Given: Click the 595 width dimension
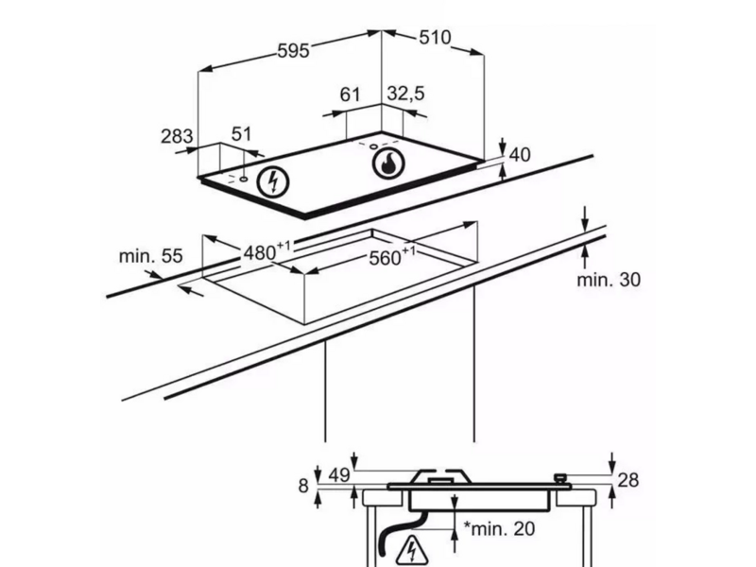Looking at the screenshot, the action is coord(293,51).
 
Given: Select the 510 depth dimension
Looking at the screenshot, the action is coord(435,38).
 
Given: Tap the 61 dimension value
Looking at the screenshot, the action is coord(350,94).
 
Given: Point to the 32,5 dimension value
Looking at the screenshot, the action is coord(405,94).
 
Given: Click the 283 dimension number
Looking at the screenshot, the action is coord(177,136).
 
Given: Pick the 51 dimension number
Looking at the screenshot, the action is coord(241,134).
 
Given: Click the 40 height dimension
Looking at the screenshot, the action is coord(520,155).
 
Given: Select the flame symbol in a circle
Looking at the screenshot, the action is coord(388,163).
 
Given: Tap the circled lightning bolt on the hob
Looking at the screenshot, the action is coord(273,182).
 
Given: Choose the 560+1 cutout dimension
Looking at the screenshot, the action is coord(392,256).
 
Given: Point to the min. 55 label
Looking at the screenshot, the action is coord(151,256).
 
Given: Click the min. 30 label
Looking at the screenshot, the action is coord(609,280).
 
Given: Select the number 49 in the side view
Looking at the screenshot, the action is coord(339,475).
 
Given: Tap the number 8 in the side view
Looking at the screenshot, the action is coord(302,486).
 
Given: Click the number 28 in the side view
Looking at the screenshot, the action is coord(627,480).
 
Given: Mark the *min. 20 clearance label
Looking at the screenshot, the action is coord(499,529).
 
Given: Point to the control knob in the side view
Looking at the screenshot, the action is coord(560,479).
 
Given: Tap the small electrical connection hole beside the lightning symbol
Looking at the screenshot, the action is coord(244,180).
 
